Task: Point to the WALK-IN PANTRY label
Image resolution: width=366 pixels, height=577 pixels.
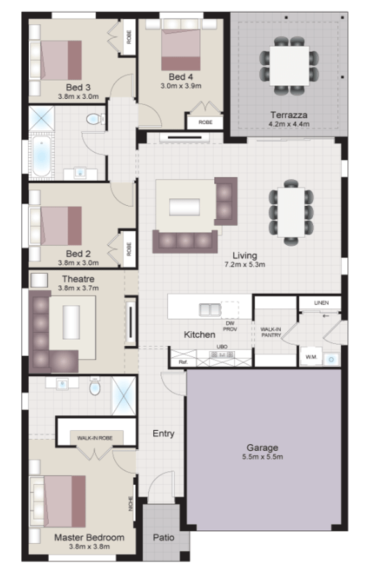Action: click(270, 331)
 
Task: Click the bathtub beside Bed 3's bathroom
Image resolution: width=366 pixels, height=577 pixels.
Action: click(41, 156)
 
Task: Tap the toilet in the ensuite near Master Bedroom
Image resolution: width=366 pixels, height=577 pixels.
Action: click(95, 389)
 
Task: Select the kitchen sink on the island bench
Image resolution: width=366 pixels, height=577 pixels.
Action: click(210, 310)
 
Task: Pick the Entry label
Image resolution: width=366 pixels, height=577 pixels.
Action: click(163, 433)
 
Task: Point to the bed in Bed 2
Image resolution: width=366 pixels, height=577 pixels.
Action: click(60, 225)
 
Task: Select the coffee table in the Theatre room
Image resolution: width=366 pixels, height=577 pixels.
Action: click(71, 323)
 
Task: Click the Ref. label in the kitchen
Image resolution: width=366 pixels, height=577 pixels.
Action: click(182, 362)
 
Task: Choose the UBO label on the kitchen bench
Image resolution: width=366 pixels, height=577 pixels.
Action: click(222, 348)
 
